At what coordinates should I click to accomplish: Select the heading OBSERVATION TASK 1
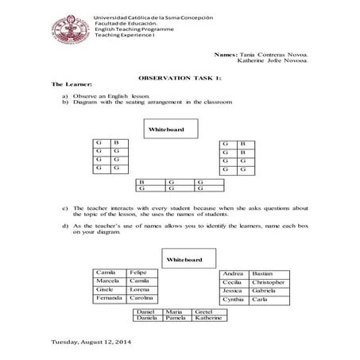pos(180,79)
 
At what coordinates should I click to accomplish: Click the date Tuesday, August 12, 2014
pos(91,342)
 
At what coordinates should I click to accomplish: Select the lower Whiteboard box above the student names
pos(184,260)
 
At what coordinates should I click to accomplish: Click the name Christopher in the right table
pos(267,282)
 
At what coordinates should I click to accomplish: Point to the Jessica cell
pos(234,291)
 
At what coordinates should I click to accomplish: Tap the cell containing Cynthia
pos(234,300)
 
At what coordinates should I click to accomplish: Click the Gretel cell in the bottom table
pos(203,312)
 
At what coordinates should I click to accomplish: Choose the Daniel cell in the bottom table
pos(147,312)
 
